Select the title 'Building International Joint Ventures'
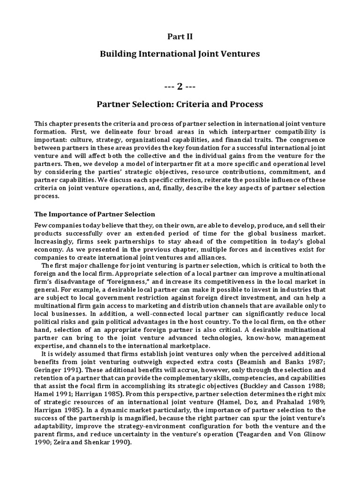click(x=180, y=54)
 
